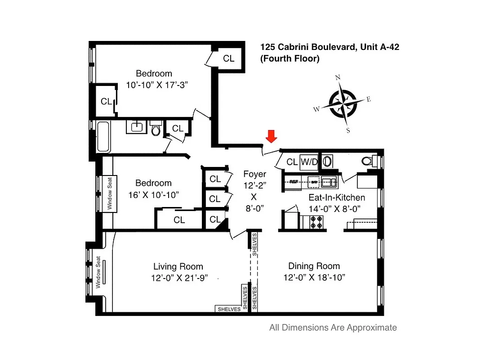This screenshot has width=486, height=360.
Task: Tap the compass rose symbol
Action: click(x=343, y=103)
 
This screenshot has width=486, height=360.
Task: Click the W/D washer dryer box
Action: click(x=309, y=162)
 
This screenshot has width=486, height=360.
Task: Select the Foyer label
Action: click(x=254, y=174)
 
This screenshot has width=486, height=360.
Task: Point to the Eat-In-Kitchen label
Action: click(x=336, y=198)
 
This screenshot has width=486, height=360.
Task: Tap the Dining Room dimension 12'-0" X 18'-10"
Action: click(x=314, y=278)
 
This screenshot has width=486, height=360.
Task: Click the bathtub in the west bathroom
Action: click(x=103, y=136)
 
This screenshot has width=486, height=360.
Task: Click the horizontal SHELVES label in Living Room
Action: click(x=229, y=309)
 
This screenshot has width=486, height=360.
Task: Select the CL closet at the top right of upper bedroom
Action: click(x=229, y=58)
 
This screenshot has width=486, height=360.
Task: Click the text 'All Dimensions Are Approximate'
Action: click(x=333, y=328)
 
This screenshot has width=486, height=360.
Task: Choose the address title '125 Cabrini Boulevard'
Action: click(x=307, y=47)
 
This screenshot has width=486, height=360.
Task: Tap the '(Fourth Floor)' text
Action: click(x=290, y=58)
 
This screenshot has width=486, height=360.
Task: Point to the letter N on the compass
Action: click(x=338, y=77)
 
